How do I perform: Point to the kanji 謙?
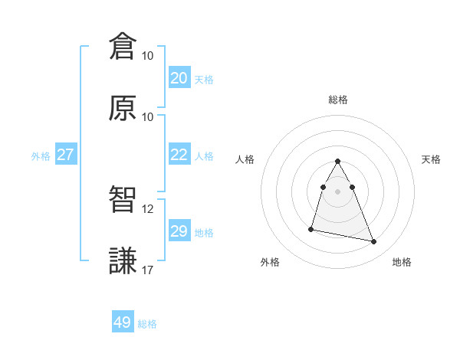coord(123,261)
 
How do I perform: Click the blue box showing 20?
coord(179,78)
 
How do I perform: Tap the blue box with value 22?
coord(179,155)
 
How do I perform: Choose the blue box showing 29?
coord(179,231)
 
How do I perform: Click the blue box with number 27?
coord(65,155)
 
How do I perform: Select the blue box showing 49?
coord(123,322)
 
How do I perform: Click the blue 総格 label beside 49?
coord(147,324)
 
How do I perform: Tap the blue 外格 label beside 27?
coord(41,156)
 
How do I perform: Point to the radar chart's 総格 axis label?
coord(337,100)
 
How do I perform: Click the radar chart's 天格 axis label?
coord(431,159)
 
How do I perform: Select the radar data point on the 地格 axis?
coord(374,242)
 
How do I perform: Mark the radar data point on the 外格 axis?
coord(311,228)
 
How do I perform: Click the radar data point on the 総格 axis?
coord(337,161)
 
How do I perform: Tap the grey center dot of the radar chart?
coord(337,191)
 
